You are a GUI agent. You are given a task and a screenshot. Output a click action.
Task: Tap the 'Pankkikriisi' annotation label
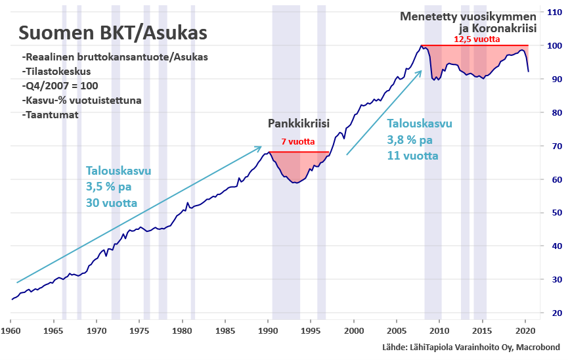(x=298, y=124)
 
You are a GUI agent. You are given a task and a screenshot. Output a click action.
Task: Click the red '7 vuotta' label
(x=298, y=142)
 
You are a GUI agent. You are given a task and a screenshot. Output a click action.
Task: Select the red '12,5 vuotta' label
(x=477, y=39)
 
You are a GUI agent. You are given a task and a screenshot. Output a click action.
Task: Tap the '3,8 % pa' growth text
(x=410, y=140)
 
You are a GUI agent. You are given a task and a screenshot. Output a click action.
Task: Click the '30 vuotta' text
(x=111, y=203)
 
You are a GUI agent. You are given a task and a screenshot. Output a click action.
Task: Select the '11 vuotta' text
(x=412, y=156)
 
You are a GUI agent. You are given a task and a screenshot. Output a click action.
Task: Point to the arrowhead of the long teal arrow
(x=261, y=147)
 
